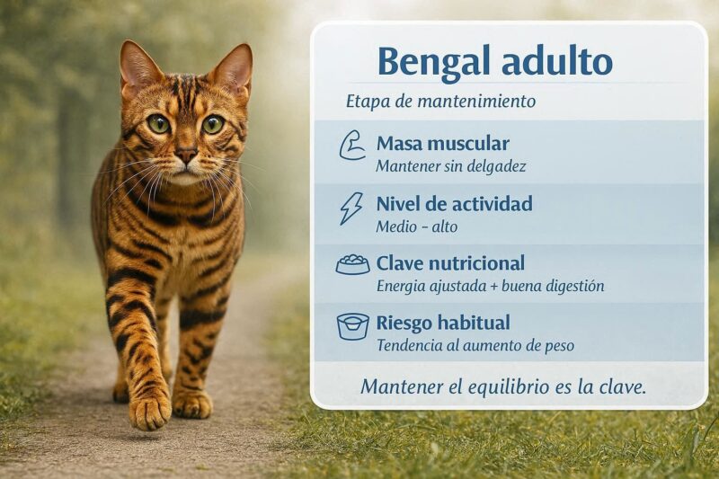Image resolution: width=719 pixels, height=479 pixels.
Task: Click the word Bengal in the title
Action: [x=435, y=63]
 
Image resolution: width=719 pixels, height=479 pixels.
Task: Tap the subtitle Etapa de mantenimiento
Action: [x=440, y=101]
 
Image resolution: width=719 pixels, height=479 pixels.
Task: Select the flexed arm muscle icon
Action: [x=351, y=146]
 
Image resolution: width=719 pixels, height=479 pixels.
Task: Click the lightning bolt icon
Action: [x=351, y=208]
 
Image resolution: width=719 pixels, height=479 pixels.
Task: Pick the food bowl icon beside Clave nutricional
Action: [x=352, y=264]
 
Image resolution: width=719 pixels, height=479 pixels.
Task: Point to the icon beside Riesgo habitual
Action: [x=352, y=326]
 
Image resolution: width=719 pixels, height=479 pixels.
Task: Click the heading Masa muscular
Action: [x=442, y=144]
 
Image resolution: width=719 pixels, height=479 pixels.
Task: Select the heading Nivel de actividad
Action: [x=455, y=203]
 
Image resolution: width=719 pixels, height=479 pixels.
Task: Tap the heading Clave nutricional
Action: [x=450, y=263]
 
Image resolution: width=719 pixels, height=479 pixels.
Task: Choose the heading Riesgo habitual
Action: [x=443, y=323]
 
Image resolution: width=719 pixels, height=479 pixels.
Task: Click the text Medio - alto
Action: [x=417, y=226]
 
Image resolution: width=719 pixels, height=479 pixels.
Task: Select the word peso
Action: [x=558, y=347]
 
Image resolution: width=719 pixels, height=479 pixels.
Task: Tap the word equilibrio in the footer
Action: [x=502, y=388]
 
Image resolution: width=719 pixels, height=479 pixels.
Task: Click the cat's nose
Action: [x=187, y=155]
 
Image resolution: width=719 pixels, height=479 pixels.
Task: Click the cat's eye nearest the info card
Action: [x=213, y=124]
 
